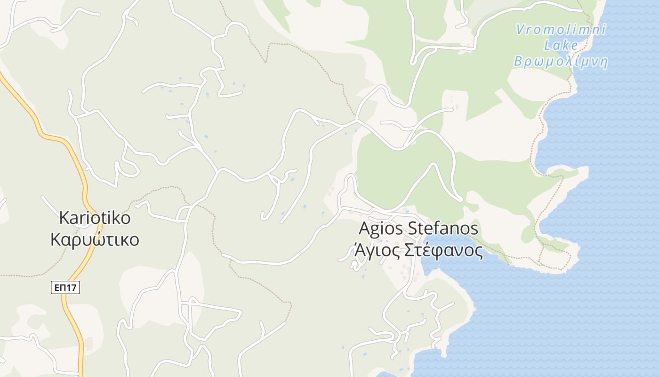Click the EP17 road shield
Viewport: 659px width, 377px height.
pos(65,287)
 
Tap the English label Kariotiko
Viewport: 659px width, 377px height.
pos(95,218)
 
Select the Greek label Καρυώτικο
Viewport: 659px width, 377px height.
pos(95,239)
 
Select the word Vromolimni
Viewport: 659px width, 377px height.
pos(561,29)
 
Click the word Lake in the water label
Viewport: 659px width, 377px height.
pos(561,45)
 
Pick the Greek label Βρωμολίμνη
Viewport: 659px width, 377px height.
pos(561,62)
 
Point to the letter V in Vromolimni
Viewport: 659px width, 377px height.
pos(520,29)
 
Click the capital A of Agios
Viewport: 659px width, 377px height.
pos(364,229)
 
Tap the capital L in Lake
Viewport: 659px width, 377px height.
pos(548,45)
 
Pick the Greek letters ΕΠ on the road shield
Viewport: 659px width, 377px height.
pos(60,287)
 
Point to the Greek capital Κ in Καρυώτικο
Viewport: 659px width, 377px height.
pos(56,239)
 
